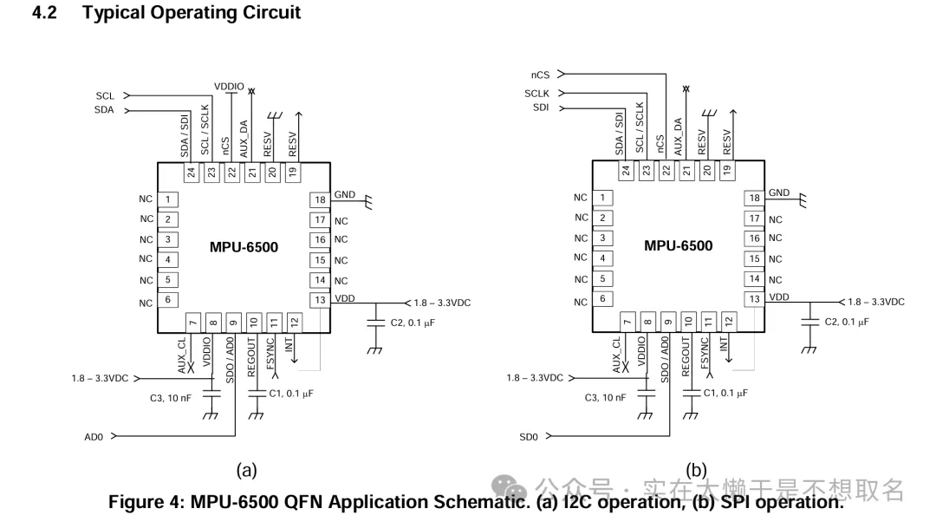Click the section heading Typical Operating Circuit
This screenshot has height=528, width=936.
[x=192, y=13]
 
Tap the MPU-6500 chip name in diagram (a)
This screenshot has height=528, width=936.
[x=244, y=247]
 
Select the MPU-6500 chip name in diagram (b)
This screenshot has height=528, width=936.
[x=678, y=245]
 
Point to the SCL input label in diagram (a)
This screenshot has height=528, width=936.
[x=104, y=95]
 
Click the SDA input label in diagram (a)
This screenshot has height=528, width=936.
[x=104, y=110]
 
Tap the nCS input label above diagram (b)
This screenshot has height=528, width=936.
[x=540, y=75]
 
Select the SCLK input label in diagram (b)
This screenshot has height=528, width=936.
[x=536, y=93]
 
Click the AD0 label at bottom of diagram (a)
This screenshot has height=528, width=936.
[x=94, y=437]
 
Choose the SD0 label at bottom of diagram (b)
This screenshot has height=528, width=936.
[x=529, y=437]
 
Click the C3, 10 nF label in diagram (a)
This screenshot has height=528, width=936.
[x=171, y=398]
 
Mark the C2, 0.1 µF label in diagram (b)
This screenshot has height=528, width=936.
[x=846, y=322]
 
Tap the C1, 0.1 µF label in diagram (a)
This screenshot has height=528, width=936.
[x=290, y=393]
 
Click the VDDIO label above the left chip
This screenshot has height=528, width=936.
[x=229, y=86]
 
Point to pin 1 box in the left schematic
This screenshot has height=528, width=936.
[x=168, y=199]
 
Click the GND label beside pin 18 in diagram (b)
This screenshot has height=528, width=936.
[x=778, y=192]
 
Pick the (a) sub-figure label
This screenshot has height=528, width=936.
[x=246, y=470]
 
